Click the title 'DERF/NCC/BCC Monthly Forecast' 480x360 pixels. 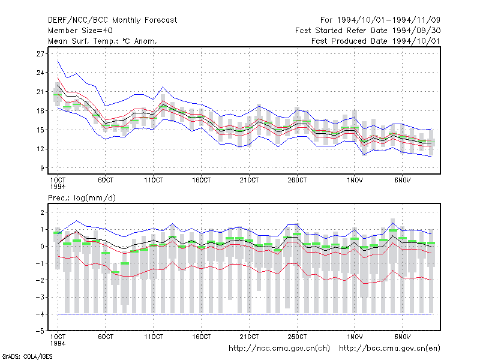click(x=112, y=20)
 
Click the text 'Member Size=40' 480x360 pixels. click(x=80, y=31)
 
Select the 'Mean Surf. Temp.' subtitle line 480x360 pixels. click(x=103, y=41)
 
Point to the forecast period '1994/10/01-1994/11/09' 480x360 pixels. click(x=388, y=20)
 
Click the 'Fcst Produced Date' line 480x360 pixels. click(x=376, y=41)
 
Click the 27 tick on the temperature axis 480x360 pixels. click(x=40, y=54)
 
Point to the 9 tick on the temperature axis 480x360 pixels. click(x=42, y=168)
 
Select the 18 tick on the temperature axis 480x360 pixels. click(x=40, y=111)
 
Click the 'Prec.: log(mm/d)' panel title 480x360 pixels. click(x=82, y=198)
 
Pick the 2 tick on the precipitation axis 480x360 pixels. click(x=42, y=212)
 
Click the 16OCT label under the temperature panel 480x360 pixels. click(x=201, y=181)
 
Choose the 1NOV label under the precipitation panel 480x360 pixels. click(x=355, y=337)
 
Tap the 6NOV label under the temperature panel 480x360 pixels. click(x=402, y=181)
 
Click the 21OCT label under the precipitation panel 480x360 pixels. click(x=249, y=337)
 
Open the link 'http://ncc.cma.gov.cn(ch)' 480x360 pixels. click(x=279, y=349)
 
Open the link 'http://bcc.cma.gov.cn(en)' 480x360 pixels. click(x=389, y=349)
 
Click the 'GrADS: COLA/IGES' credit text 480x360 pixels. click(x=27, y=356)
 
